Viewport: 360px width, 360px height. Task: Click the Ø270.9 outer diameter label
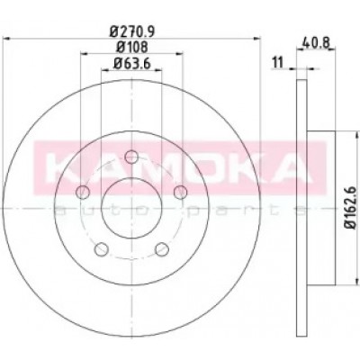click(x=132, y=31)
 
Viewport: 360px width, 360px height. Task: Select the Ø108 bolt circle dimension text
click(x=132, y=47)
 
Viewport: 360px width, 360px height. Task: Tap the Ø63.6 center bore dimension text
click(x=132, y=63)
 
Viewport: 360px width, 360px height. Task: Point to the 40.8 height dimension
click(x=316, y=43)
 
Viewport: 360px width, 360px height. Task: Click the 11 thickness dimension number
click(x=277, y=63)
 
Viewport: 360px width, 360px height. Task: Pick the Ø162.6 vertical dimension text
click(x=350, y=208)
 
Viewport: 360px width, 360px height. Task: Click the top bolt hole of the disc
click(x=131, y=157)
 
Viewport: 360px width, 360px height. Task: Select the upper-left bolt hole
click(x=82, y=192)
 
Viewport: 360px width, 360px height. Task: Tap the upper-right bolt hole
click(x=181, y=192)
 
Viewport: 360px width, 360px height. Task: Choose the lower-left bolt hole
click(x=101, y=249)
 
